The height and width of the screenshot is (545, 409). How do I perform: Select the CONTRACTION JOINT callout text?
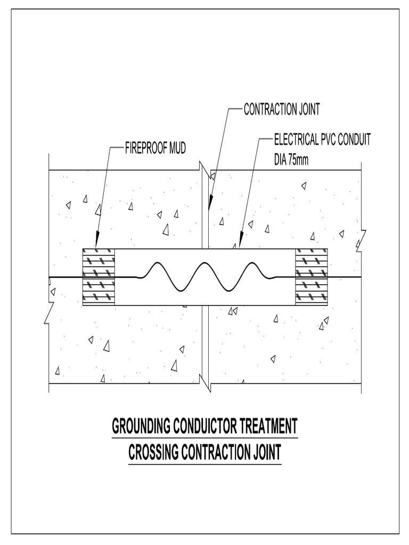[282, 110]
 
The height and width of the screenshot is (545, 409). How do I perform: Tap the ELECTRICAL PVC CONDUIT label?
[322, 140]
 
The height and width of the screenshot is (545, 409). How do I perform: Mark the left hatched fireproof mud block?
[99, 277]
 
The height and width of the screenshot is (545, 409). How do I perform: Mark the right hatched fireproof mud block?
[311, 277]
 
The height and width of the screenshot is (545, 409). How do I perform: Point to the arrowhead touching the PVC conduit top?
[240, 243]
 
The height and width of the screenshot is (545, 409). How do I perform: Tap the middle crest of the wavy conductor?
[204, 264]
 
